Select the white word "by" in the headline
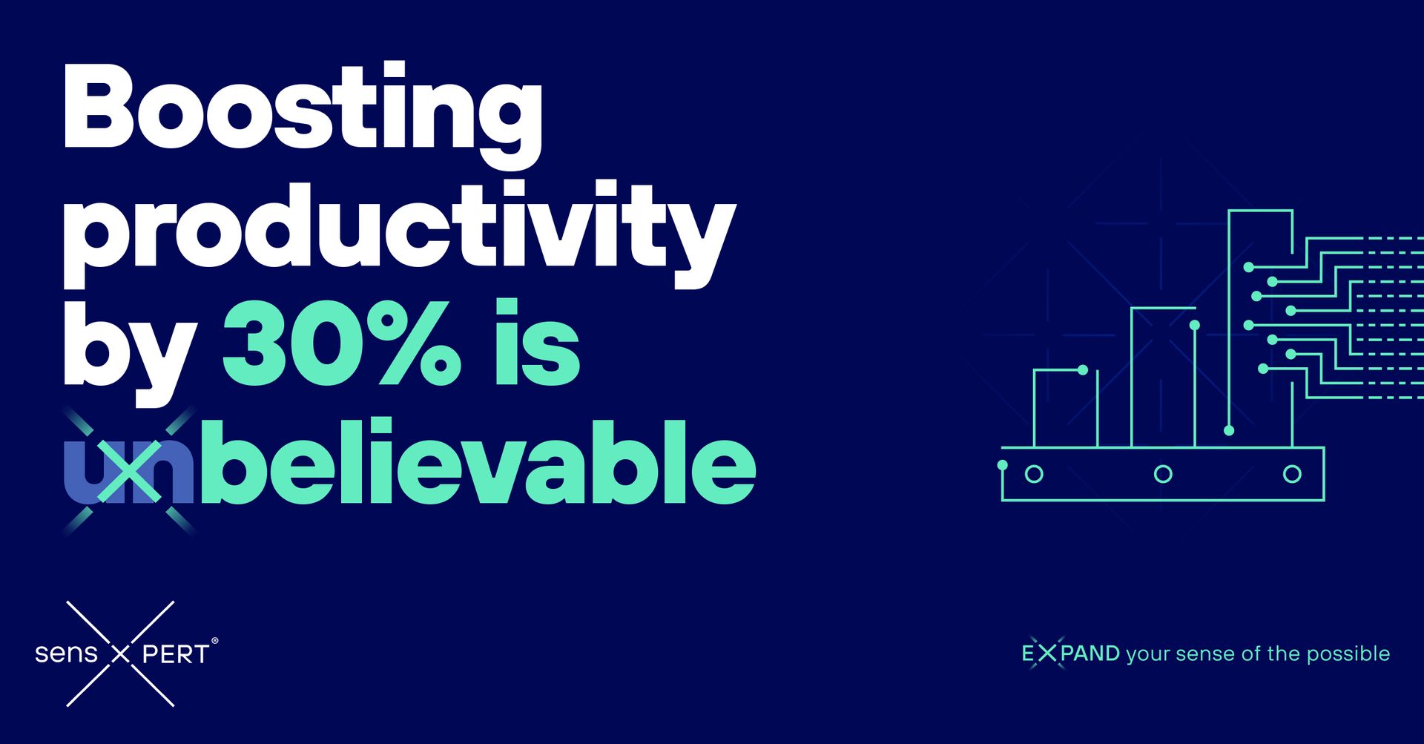click(129, 349)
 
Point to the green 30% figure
click(341, 344)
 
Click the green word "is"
click(537, 344)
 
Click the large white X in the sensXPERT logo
click(120, 654)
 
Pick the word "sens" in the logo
click(66, 654)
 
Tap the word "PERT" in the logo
click(175, 654)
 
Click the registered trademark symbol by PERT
click(215, 639)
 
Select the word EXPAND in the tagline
click(1070, 654)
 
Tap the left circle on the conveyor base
click(1034, 474)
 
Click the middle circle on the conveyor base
click(1163, 474)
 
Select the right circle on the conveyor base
click(1292, 474)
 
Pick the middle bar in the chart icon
click(1163, 378)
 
